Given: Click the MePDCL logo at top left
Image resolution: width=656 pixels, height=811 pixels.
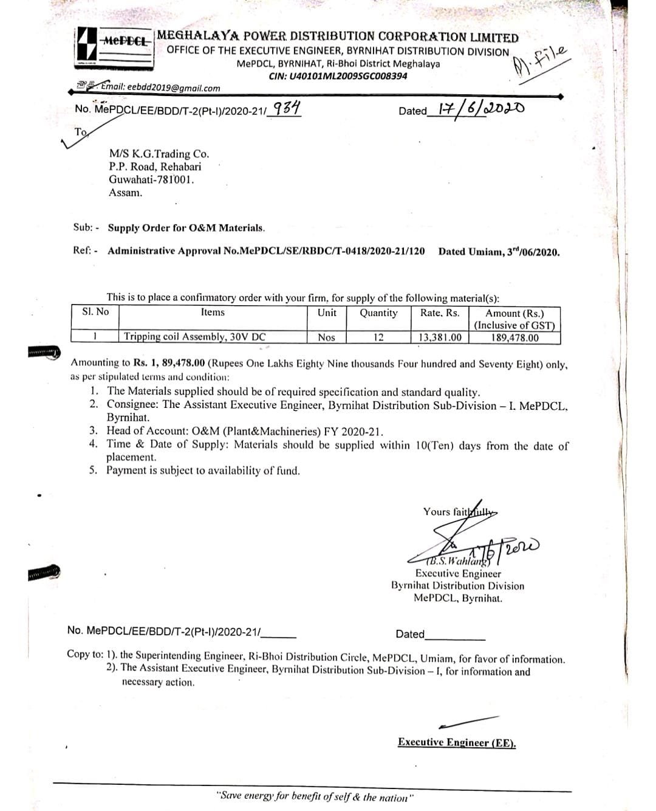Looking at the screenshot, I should click(x=114, y=49).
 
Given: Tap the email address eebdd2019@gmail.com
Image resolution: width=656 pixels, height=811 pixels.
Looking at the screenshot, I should click(x=161, y=88).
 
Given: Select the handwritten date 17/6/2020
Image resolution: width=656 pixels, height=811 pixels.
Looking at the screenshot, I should click(x=477, y=109).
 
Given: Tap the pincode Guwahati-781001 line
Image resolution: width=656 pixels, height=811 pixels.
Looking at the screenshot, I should click(x=152, y=179).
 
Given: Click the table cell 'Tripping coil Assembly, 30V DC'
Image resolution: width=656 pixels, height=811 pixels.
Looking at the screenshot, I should click(x=195, y=337).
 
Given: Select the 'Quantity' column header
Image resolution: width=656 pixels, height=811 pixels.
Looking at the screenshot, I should click(x=378, y=313).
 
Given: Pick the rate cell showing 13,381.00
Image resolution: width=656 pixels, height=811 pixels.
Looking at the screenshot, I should click(x=440, y=337).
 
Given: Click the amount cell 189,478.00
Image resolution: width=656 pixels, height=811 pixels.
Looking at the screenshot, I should click(x=514, y=337).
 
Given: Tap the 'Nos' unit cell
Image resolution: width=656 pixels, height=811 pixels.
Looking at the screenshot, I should click(x=326, y=337).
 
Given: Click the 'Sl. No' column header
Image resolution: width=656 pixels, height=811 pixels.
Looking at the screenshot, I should click(x=95, y=312).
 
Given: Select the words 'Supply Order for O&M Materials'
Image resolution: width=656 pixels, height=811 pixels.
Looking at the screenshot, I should click(x=186, y=228).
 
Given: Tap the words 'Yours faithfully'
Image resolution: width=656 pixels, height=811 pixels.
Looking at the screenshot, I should click(x=459, y=511).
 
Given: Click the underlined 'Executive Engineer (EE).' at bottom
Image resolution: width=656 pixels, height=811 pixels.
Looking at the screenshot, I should click(x=457, y=742).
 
